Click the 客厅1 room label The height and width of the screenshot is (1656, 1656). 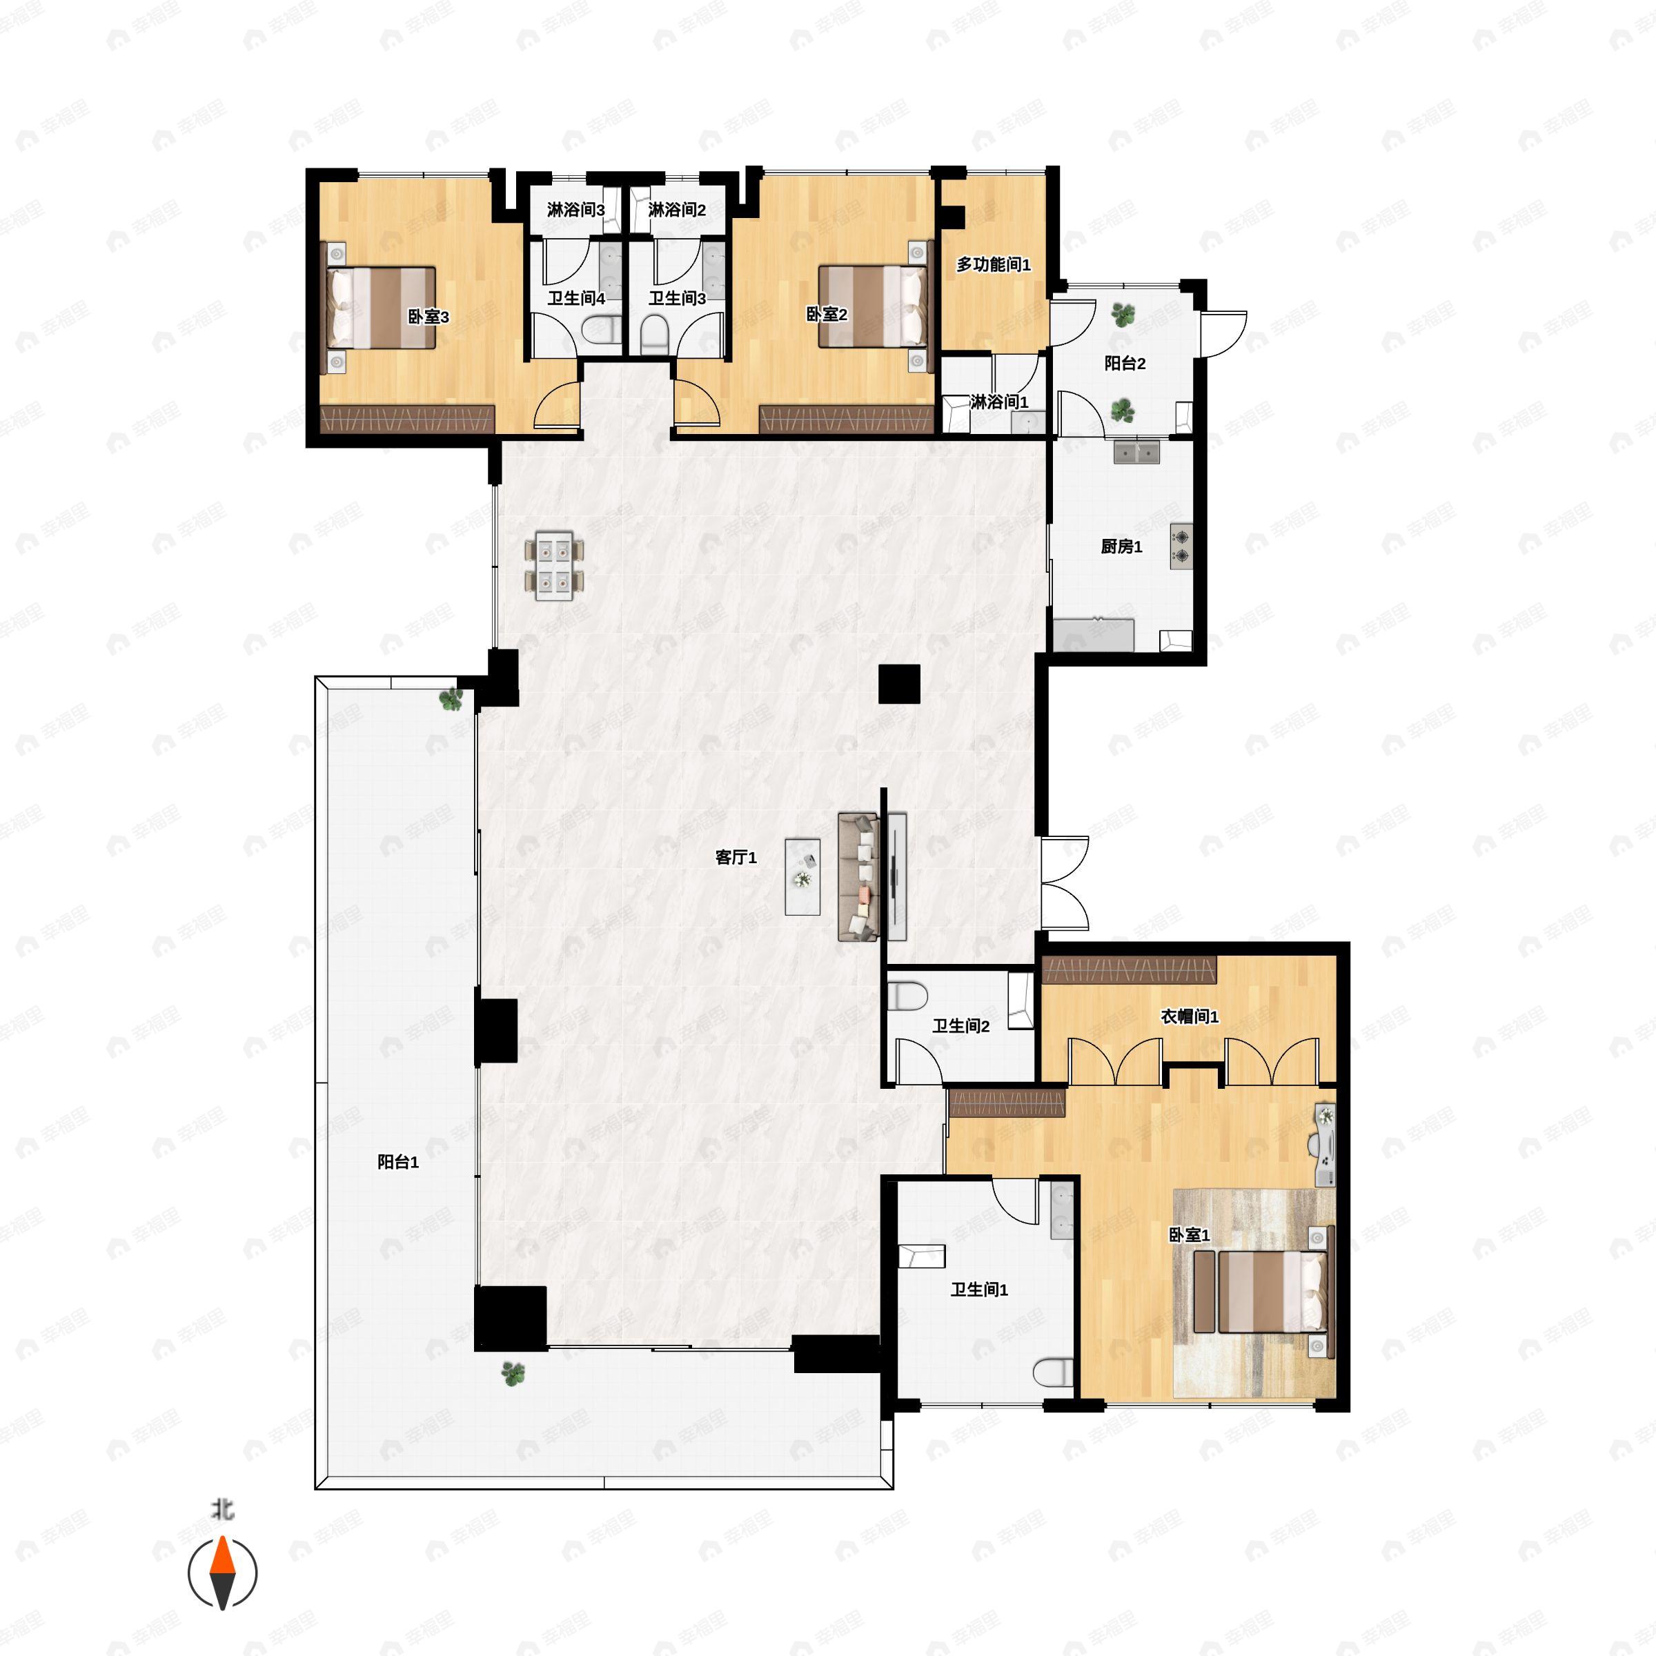point(736,857)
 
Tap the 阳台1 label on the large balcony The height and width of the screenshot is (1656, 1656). point(397,1162)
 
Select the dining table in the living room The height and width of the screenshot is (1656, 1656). point(553,566)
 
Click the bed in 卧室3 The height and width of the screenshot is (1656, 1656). point(382,307)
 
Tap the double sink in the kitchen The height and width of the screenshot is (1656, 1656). point(1136,452)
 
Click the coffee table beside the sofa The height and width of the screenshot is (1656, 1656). point(802,877)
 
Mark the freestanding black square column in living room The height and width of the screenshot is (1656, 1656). point(899,684)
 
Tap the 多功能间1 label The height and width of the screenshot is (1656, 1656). point(993,265)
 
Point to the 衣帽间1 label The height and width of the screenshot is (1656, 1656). point(1189,1016)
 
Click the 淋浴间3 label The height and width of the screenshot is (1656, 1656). point(575,210)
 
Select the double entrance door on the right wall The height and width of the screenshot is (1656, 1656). point(1065,884)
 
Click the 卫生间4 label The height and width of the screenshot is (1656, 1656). point(576,298)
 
